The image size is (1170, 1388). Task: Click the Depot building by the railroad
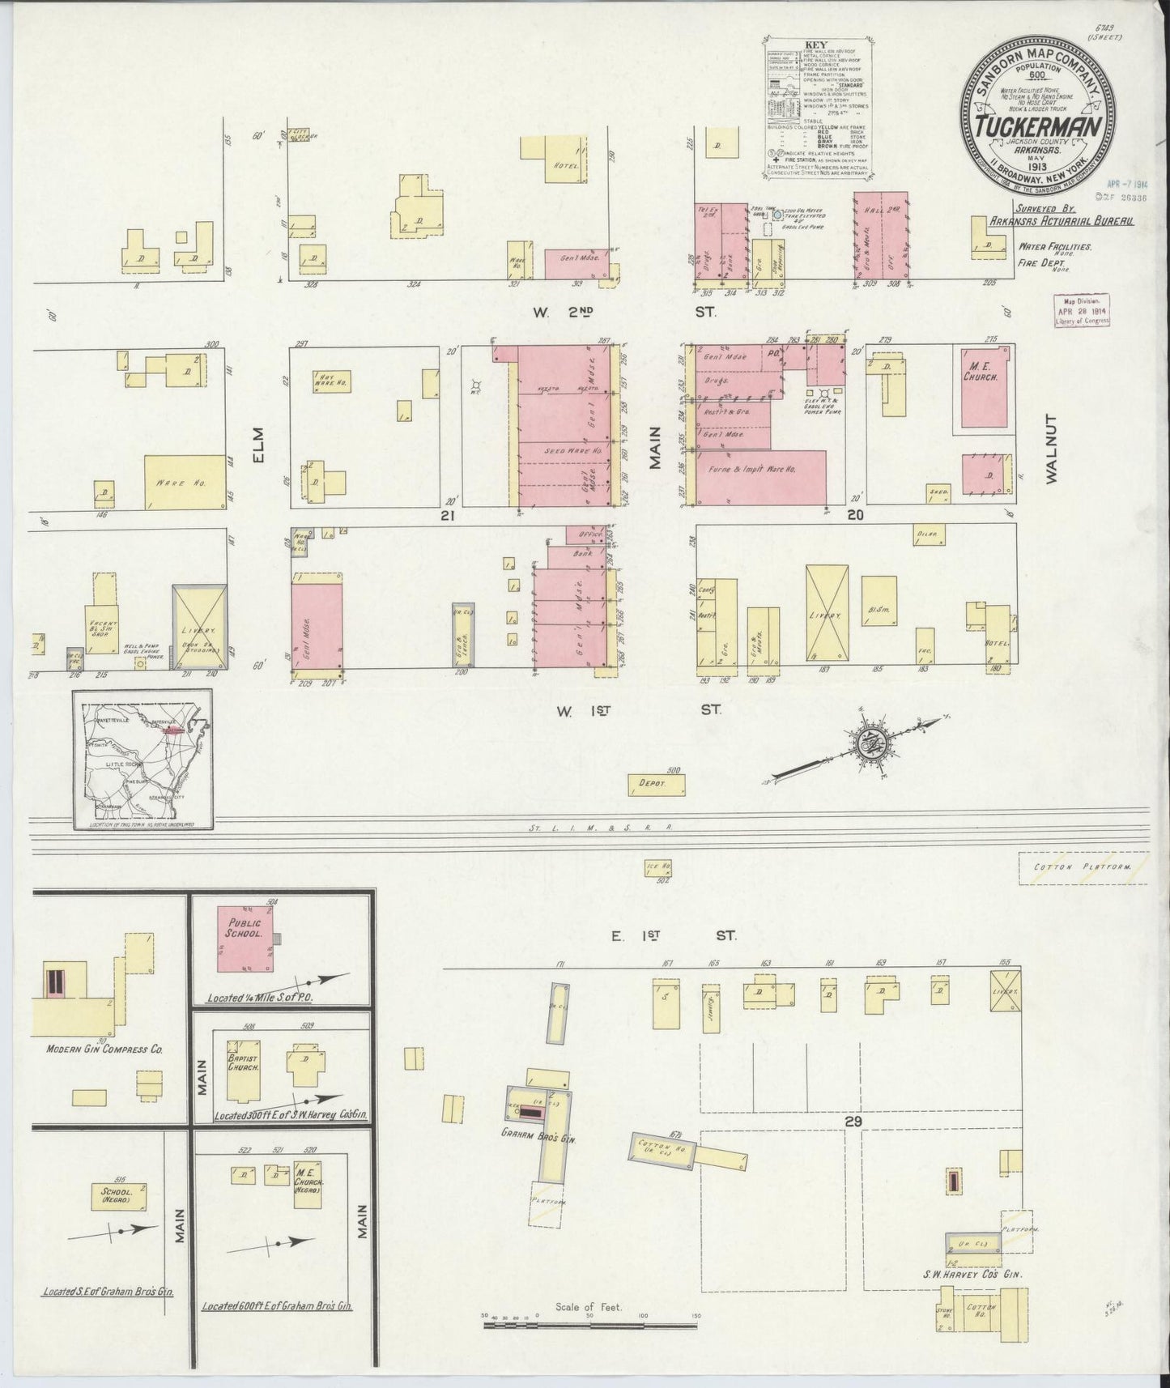(657, 784)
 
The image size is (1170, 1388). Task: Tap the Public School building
(246, 939)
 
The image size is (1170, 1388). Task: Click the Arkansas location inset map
(143, 758)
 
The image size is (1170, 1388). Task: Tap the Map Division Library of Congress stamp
(1082, 311)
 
